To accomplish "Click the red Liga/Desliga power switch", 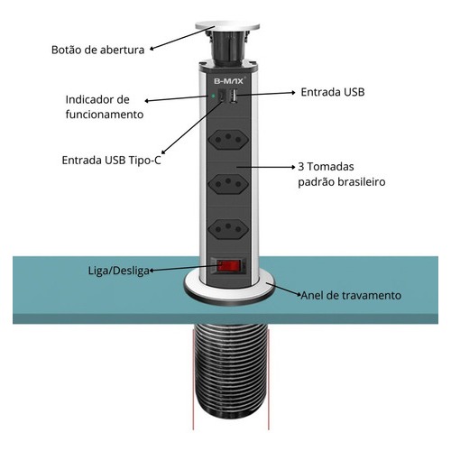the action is click(x=229, y=266).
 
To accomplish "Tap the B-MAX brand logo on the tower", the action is click(x=228, y=81).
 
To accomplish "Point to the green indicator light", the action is click(x=213, y=97).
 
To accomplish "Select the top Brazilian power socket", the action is click(x=228, y=139).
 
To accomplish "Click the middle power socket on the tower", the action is click(x=228, y=183).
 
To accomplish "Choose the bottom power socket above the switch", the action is click(x=228, y=229).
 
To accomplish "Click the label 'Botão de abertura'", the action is click(x=98, y=50).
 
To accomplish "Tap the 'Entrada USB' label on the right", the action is click(x=333, y=92).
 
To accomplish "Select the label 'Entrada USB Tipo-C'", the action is click(x=111, y=160).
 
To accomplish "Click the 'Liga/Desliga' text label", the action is click(x=119, y=271).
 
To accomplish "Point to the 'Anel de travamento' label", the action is click(x=351, y=295).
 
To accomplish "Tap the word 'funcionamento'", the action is click(x=105, y=115).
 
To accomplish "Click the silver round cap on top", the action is click(x=227, y=26).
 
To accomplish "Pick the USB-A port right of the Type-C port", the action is click(x=234, y=97).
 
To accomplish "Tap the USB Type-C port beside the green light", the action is click(x=222, y=97).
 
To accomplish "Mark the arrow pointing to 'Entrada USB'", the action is click(x=266, y=94).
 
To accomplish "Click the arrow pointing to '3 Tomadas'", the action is click(x=266, y=167).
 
